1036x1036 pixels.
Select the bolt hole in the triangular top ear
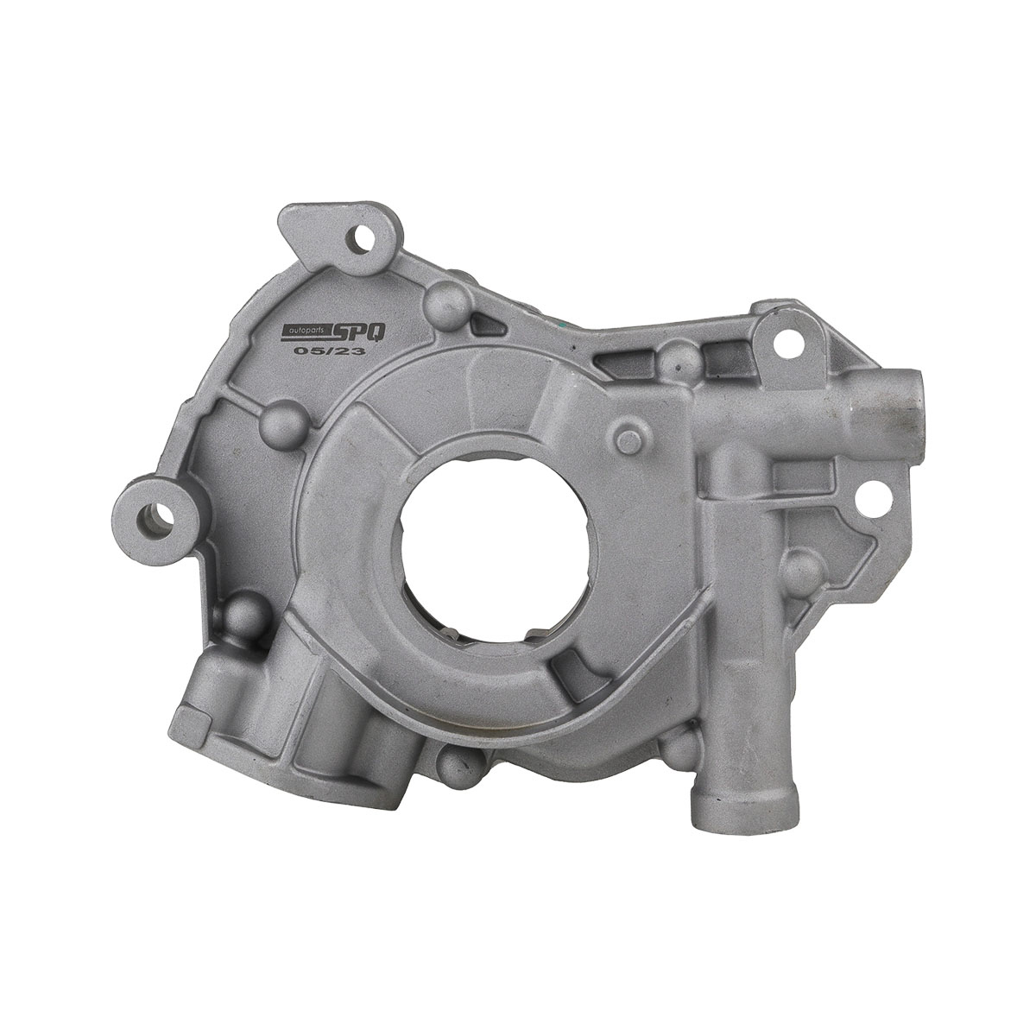(x=358, y=237)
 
